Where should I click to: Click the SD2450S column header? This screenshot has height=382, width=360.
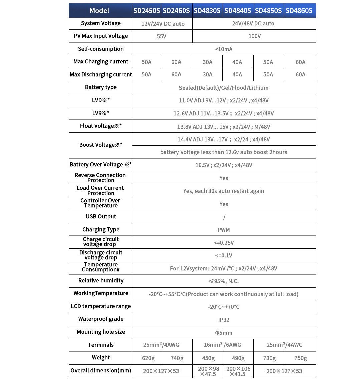[x=147, y=11]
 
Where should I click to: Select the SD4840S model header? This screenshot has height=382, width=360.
[x=238, y=11]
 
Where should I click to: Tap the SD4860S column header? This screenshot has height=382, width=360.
[x=299, y=11]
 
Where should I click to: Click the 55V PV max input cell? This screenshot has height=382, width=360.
[x=162, y=36]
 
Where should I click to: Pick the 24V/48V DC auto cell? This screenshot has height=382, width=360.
[x=253, y=24]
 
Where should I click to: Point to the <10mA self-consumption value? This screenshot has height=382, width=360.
[x=224, y=49]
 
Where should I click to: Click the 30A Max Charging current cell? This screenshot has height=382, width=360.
[x=208, y=62]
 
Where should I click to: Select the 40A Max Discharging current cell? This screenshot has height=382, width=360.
[x=237, y=75]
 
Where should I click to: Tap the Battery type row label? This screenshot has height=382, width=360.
[x=101, y=87]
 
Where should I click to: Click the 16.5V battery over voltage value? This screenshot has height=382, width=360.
[x=224, y=165]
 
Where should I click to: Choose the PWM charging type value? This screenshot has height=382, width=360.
[x=224, y=230]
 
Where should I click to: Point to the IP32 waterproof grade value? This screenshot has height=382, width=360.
[x=224, y=320]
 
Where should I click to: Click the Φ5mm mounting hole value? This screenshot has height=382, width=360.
[x=224, y=333]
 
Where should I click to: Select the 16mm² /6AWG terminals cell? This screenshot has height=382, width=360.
[x=222, y=345]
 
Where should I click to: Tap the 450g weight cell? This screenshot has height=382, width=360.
[x=208, y=358]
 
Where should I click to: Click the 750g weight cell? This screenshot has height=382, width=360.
[x=300, y=358]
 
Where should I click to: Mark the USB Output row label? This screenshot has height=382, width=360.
[x=101, y=217]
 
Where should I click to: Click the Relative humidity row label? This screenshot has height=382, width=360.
[x=101, y=281]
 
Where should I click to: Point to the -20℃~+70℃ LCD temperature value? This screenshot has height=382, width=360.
[x=224, y=307]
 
